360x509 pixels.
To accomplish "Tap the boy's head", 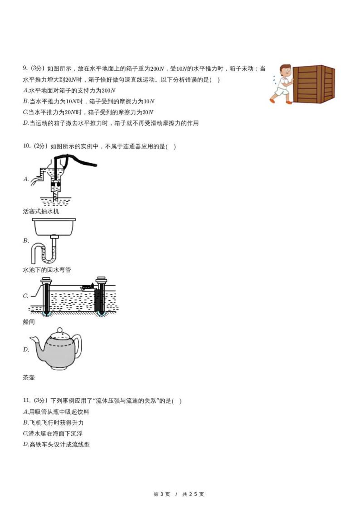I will coord(285,71).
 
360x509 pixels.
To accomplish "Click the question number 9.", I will coord(25,68).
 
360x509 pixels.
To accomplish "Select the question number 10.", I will coord(26,146).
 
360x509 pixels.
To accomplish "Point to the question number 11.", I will coord(26,401).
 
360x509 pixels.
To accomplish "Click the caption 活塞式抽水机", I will coord(41,211).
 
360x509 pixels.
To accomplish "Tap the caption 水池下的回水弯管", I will coord(47,270).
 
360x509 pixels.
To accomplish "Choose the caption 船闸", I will coord(29,322).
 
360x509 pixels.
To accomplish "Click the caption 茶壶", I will coord(29,377).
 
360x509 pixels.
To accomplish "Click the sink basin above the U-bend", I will coord(54,227).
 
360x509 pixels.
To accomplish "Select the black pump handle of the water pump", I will coord(82,160).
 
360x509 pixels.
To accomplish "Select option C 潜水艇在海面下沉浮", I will coord(52,433).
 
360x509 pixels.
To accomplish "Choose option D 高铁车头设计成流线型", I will coord(56,444).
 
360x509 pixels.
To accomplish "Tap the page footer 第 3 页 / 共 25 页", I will coord(179,494).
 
